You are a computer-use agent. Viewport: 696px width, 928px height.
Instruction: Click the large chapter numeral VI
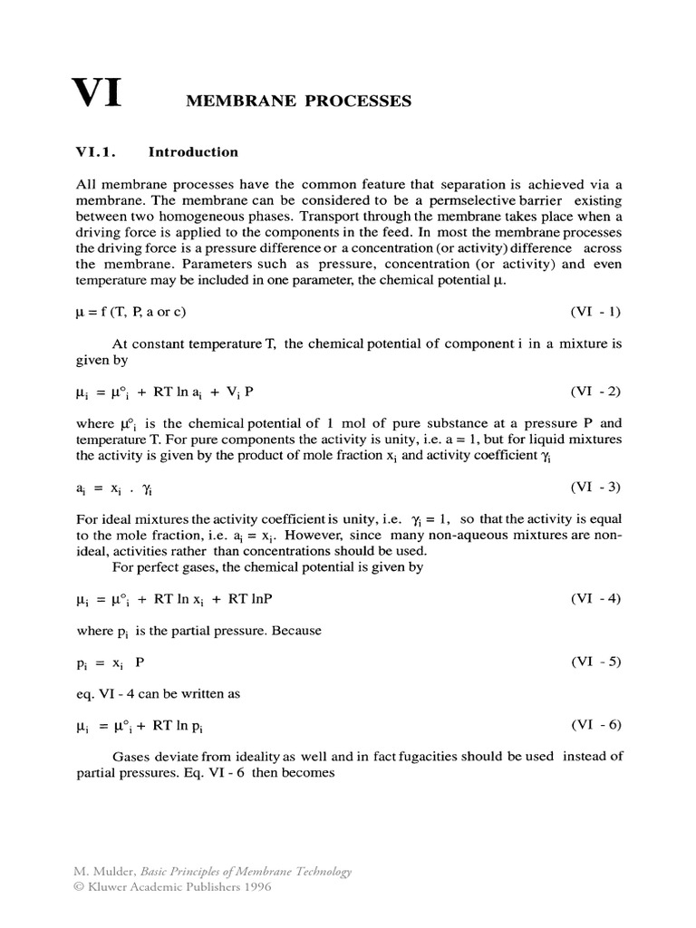click(98, 94)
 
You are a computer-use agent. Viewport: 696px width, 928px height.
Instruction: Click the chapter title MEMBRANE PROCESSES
click(298, 101)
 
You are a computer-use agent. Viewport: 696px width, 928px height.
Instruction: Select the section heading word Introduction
click(193, 152)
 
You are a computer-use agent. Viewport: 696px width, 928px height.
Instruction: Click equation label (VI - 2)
click(595, 391)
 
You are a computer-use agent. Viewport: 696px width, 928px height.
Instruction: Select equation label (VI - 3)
click(595, 487)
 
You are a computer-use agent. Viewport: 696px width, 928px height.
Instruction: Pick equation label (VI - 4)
click(595, 599)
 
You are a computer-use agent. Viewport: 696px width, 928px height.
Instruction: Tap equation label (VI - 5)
click(595, 662)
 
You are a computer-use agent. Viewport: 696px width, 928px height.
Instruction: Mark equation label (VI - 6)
click(595, 725)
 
